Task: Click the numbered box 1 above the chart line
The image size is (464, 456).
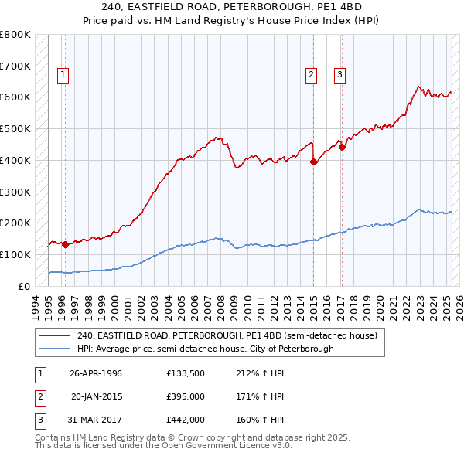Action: pyautogui.click(x=62, y=75)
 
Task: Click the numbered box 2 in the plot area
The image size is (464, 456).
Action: pyautogui.click(x=310, y=75)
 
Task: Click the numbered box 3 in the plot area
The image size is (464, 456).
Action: pyautogui.click(x=339, y=75)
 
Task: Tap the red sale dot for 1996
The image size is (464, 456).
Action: pyautogui.click(x=65, y=244)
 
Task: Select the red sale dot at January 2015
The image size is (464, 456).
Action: pyautogui.click(x=313, y=162)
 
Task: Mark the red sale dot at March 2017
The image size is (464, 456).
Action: pyautogui.click(x=342, y=147)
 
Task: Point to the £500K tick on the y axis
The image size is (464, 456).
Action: pyautogui.click(x=15, y=128)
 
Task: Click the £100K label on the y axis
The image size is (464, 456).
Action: pyautogui.click(x=15, y=254)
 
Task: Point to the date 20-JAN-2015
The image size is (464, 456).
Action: pyautogui.click(x=96, y=396)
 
